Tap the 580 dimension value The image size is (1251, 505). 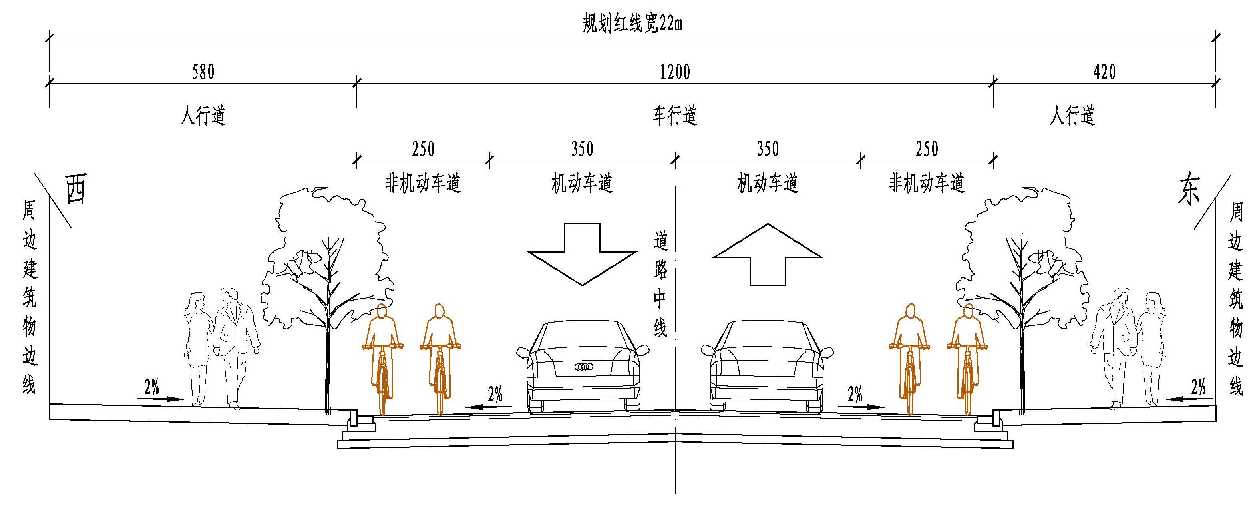coord(203,72)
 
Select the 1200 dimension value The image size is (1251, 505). coord(675,72)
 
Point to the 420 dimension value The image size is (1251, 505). coord(1104,72)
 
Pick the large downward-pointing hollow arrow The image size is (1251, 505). coord(582,254)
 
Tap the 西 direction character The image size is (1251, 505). coord(76,190)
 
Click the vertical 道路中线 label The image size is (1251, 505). coord(660,284)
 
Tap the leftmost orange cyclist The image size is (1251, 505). coord(383,357)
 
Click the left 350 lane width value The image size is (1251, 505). coord(582,149)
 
